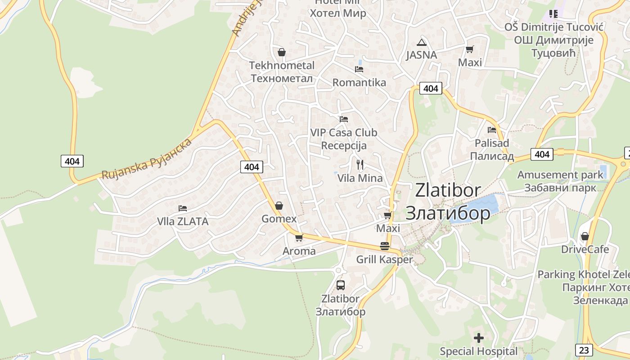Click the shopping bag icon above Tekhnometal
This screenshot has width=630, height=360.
[282, 53]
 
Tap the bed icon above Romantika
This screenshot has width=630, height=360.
[359, 69]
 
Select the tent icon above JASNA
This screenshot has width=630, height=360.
[421, 43]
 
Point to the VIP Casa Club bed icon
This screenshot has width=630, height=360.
[344, 119]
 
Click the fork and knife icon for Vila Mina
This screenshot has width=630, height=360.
[360, 165]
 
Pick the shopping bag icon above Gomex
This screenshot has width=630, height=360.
[279, 206]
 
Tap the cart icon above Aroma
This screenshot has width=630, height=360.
[299, 238]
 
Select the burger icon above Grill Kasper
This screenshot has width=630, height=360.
[384, 246]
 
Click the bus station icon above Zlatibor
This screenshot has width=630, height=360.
[340, 285]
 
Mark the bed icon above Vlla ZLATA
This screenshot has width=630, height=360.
[183, 208]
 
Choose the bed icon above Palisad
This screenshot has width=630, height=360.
[492, 130]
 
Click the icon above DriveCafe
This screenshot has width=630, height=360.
[585, 236]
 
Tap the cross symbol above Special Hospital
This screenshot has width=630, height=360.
[479, 337]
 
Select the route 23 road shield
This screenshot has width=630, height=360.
[584, 350]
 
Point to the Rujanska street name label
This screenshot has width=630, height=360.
[146, 159]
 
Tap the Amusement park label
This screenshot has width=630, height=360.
[560, 175]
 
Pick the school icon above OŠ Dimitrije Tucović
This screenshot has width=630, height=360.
[553, 14]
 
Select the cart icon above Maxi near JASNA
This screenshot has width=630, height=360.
[470, 49]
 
